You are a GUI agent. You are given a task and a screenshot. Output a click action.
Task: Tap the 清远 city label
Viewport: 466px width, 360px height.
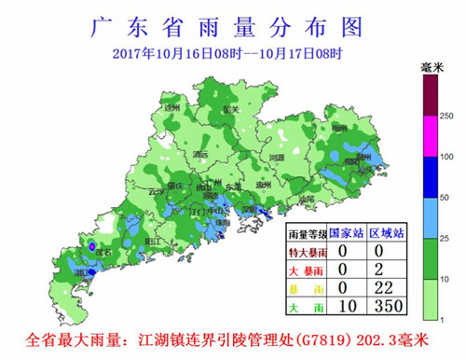click(x=200, y=154)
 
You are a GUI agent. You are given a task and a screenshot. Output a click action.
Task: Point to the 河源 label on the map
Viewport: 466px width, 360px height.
click(x=276, y=158)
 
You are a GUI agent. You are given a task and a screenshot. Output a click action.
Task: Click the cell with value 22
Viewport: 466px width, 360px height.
click(x=389, y=288)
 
